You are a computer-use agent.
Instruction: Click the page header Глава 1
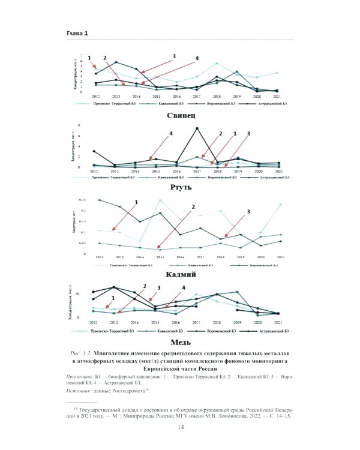click(77, 33)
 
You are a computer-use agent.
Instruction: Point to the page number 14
click(180, 427)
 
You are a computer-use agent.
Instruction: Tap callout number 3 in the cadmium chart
click(248, 212)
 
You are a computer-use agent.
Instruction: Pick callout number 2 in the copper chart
click(144, 286)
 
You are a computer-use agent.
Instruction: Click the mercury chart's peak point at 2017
click(197, 128)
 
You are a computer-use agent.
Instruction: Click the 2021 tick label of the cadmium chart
click(280, 257)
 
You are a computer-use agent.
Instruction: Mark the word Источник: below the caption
click(80, 391)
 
